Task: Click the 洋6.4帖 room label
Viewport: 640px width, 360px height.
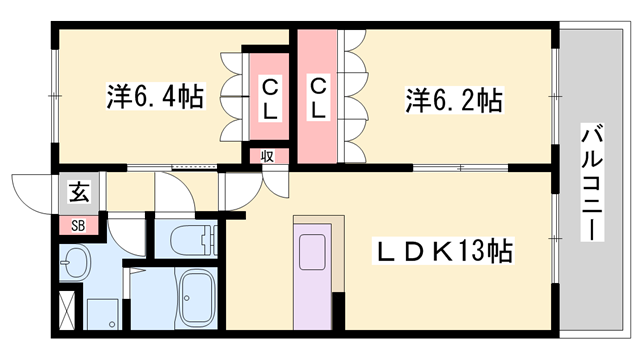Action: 155,97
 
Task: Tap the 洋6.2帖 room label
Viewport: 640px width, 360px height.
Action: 453,100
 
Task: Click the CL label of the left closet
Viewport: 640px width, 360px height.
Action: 270,98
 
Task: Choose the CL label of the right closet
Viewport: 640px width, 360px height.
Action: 318,98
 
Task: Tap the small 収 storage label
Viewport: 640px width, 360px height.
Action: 267,155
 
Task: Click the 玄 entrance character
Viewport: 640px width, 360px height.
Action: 77,190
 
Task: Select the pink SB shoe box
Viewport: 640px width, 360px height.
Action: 78,225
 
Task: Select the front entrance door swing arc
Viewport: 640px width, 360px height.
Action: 30,191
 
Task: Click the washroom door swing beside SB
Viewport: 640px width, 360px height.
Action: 125,235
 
